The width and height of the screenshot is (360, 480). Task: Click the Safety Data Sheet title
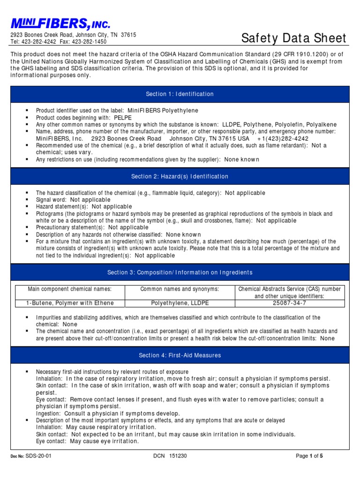(x=294, y=38)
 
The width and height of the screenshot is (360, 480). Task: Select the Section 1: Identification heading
(x=180, y=94)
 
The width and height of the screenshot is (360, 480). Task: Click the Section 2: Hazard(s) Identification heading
(x=180, y=176)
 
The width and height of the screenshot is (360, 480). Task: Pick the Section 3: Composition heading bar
(x=180, y=272)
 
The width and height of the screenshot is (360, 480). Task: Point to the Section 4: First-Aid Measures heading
(x=180, y=355)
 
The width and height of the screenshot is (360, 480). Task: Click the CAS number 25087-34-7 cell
(x=290, y=303)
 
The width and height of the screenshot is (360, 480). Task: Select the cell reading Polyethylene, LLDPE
(x=180, y=303)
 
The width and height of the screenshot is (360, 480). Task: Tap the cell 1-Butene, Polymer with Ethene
(x=70, y=303)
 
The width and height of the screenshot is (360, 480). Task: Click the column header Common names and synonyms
(x=180, y=289)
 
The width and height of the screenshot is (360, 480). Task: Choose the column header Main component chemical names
(x=70, y=289)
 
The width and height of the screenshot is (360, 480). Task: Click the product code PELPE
(x=122, y=118)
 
